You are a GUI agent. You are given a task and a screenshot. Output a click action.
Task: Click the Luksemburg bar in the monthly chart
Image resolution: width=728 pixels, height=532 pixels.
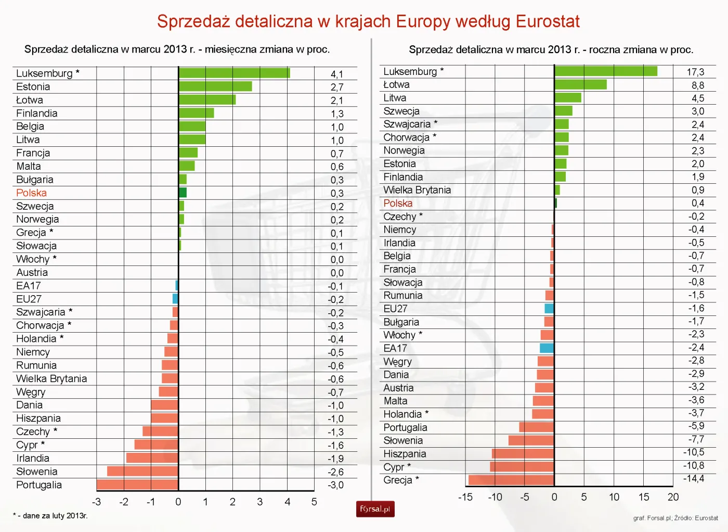pos(234,73)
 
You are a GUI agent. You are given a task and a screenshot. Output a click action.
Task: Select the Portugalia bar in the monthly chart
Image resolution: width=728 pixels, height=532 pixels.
pos(137,485)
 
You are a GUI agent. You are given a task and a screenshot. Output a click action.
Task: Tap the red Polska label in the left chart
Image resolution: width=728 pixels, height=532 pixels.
pos(31,193)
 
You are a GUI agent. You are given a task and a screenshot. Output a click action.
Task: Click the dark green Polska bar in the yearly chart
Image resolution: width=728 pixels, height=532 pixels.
pos(555,203)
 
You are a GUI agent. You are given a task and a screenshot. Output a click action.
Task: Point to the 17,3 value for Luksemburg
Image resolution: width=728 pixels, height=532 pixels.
pos(695,72)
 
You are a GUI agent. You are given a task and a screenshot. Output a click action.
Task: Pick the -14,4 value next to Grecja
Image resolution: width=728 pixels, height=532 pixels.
pos(694,479)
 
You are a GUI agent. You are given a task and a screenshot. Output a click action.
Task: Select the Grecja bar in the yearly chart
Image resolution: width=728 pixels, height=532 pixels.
pos(511,480)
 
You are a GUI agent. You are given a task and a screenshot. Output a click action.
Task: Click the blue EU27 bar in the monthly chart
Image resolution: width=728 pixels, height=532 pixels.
pos(175,299)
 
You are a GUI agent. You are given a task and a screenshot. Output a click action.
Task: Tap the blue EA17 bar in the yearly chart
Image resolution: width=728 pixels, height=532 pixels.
pos(547,348)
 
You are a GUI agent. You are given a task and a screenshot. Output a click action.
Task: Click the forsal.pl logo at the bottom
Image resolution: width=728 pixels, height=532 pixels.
pos(375,509)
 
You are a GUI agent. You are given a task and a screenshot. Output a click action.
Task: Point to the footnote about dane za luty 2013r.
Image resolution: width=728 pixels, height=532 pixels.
pos(50,516)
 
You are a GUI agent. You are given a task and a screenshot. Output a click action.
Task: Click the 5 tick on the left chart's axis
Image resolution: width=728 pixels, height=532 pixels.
pos(314,502)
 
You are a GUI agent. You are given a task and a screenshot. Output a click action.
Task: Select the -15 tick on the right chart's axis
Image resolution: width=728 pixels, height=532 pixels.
pos(465,497)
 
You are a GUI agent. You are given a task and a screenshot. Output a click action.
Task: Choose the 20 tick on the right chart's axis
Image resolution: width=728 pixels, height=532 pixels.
pos(673,497)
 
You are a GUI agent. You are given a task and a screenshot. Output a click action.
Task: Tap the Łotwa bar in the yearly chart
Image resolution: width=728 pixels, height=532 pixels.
pos(580,84)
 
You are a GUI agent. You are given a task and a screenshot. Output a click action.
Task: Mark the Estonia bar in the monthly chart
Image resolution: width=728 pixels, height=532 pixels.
pos(215,86)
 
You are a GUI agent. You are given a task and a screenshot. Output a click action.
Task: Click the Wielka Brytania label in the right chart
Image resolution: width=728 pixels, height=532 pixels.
pos(417,190)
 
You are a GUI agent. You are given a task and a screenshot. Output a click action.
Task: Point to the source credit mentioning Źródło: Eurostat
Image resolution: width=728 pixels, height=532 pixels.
pos(675,518)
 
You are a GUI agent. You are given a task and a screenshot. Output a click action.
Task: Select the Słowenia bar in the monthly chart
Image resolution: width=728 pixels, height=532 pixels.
pos(142,471)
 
